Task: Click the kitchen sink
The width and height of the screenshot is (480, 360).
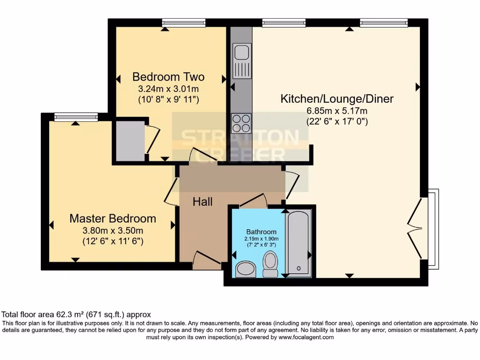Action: [x=242, y=61]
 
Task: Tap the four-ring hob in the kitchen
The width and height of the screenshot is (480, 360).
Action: [x=241, y=123]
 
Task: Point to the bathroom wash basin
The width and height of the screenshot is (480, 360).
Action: [x=245, y=269]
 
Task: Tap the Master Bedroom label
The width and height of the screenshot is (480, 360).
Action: [x=112, y=218]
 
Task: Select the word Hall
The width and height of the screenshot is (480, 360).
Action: [x=202, y=202]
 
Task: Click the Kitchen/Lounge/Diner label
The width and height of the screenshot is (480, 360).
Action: [x=337, y=99]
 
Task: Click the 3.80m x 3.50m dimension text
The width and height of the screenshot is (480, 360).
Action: [x=112, y=230]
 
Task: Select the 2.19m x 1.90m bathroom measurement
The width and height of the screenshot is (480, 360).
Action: [x=262, y=239]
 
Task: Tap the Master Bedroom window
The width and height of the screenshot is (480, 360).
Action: [x=76, y=117]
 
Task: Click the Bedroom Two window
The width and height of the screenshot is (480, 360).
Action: [x=184, y=22]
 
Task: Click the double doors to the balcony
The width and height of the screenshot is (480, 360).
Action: [x=416, y=228]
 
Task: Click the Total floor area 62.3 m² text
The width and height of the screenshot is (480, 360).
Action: [x=76, y=315]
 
